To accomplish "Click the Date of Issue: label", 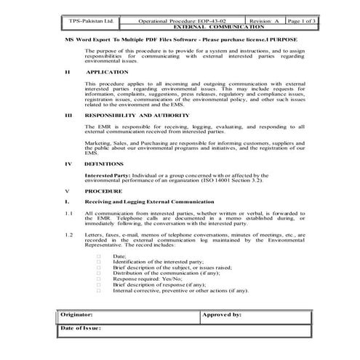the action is pyautogui.click(x=80, y=329).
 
